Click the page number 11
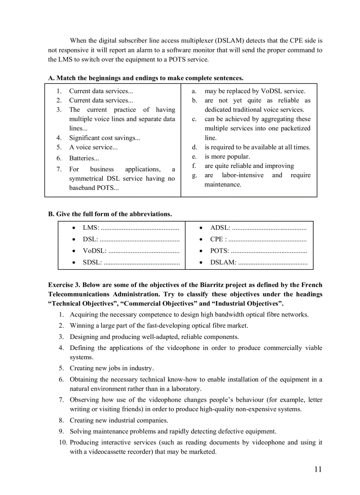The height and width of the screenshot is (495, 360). [318, 469]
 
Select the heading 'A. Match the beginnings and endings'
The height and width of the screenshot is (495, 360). [146, 78]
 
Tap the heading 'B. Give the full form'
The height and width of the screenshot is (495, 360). [110, 214]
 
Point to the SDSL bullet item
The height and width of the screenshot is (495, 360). [92, 262]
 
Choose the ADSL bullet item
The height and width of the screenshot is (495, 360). [220, 228]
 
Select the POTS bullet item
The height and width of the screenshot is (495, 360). [219, 251]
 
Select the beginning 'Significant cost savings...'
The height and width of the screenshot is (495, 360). [105, 138]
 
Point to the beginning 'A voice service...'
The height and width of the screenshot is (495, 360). [93, 148]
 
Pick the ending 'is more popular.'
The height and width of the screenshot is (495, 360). [227, 156]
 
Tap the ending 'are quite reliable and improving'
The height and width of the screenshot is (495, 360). [249, 166]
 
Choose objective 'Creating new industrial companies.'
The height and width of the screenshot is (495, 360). [119, 421]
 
